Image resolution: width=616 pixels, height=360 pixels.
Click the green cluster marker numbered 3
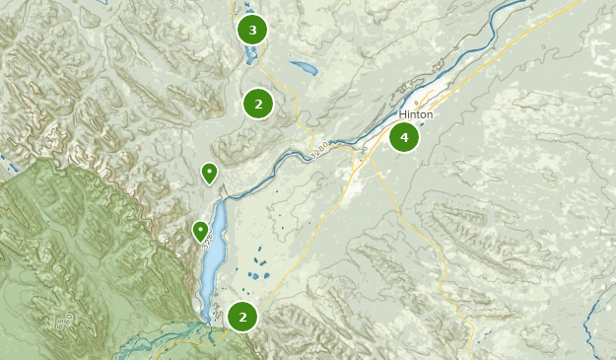tap(252, 30)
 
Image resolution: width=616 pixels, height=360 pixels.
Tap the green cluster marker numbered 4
tap(403, 137)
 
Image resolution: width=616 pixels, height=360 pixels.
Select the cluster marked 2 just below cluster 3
tap(257, 103)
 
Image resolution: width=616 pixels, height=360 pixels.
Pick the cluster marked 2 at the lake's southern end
tap(242, 316)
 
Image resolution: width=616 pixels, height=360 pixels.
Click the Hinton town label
tap(416, 114)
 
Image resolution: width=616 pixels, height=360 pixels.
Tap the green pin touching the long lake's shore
tap(200, 232)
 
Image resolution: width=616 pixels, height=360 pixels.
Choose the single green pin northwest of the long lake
tap(209, 174)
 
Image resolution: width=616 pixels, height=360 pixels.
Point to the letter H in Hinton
tap(402, 114)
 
